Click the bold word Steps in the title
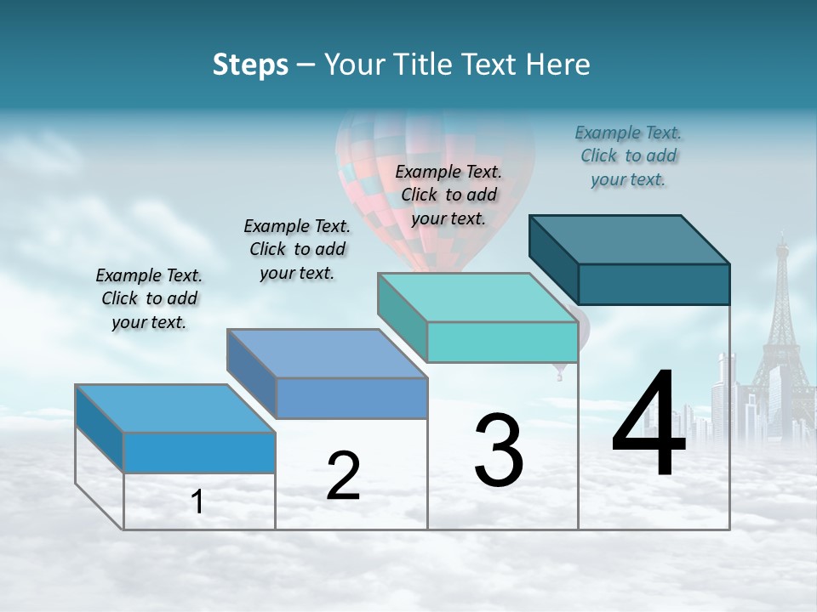pyautogui.click(x=250, y=65)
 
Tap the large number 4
pyautogui.click(x=648, y=425)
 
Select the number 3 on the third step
pyautogui.click(x=499, y=450)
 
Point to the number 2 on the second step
pyautogui.click(x=343, y=476)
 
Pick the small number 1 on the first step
pyautogui.click(x=197, y=502)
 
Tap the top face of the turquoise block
pyautogui.click(x=477, y=297)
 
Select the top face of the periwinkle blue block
pyautogui.click(x=327, y=354)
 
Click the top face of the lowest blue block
pyautogui.click(x=175, y=409)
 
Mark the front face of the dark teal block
pyautogui.click(x=654, y=284)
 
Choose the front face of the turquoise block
pyautogui.click(x=502, y=343)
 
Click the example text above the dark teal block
pyautogui.click(x=628, y=156)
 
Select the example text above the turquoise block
pyautogui.click(x=448, y=195)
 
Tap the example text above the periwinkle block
pyautogui.click(x=297, y=249)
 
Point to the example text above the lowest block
pyautogui.click(x=149, y=298)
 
